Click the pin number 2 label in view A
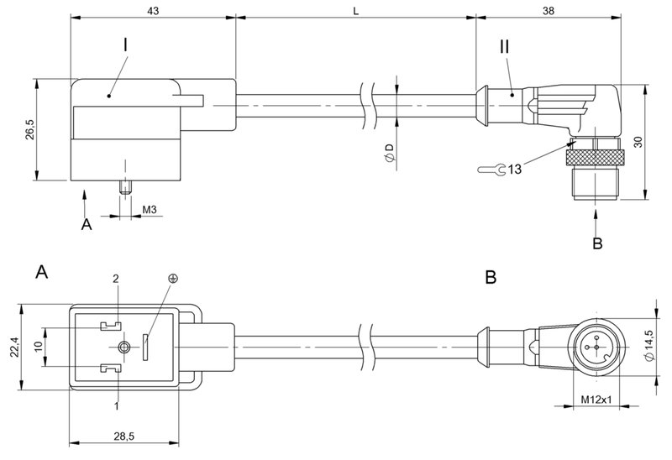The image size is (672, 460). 117,279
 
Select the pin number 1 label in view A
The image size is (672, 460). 117,406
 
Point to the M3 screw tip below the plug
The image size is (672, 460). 126,186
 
